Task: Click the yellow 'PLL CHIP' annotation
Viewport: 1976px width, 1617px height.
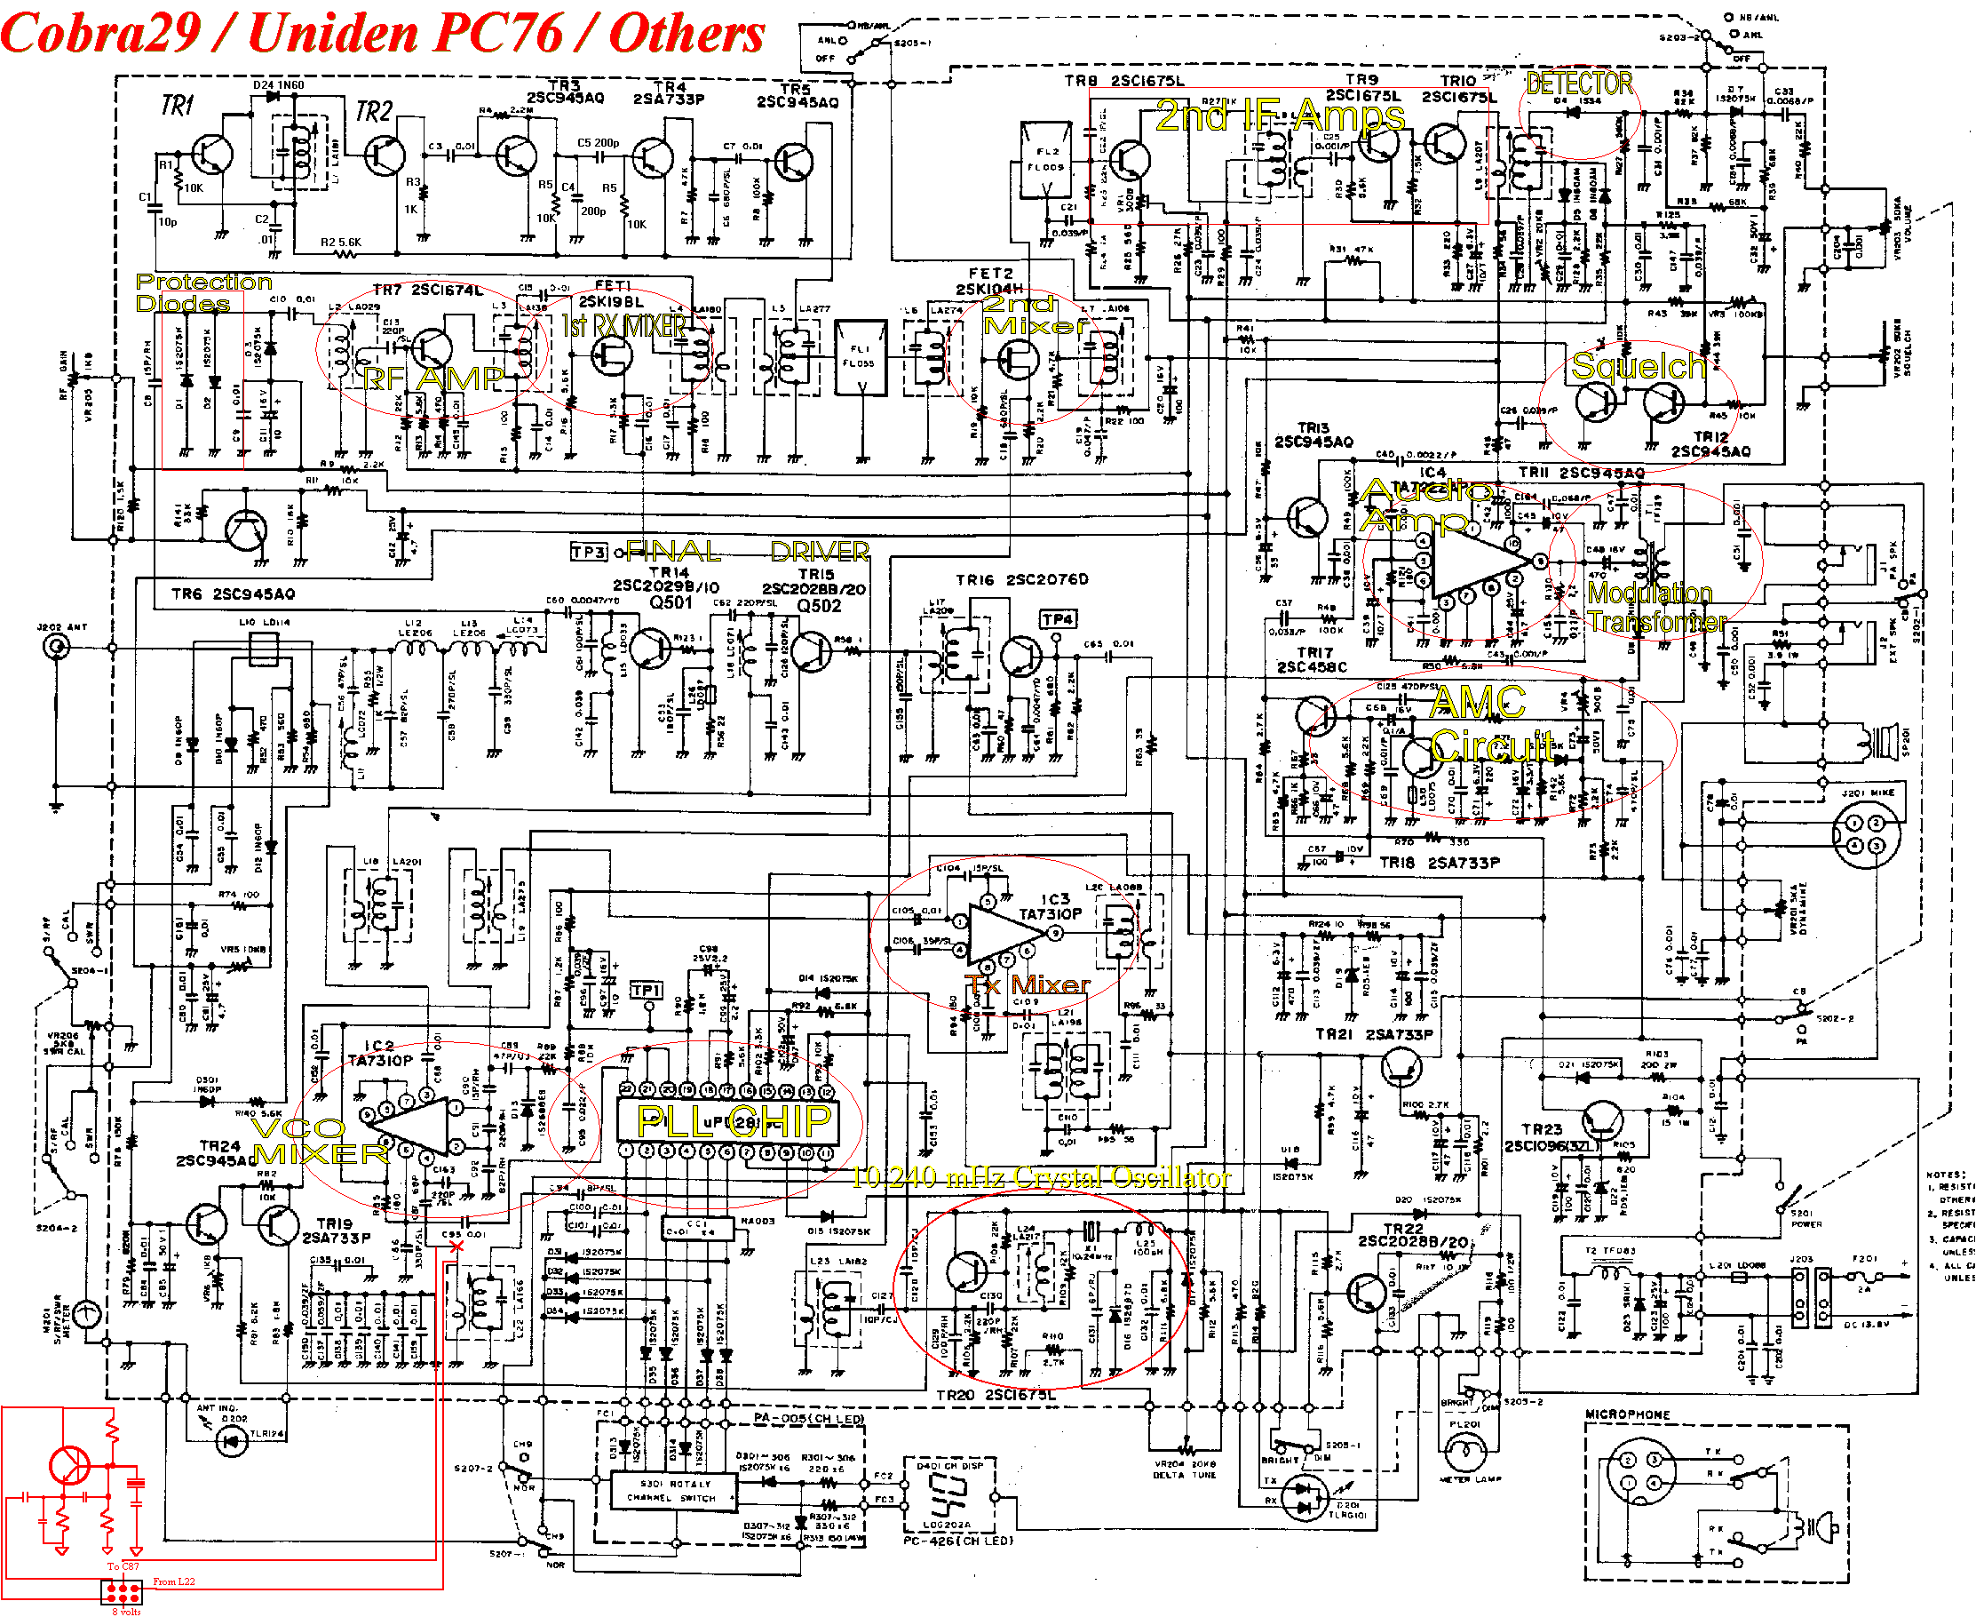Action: coord(733,1121)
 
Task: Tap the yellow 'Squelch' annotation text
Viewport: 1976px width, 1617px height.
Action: coord(1638,366)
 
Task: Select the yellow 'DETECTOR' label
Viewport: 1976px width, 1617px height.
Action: coord(1579,84)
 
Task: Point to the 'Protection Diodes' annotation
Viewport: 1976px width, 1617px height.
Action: coord(203,292)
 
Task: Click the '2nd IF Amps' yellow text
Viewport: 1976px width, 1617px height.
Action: coord(1280,116)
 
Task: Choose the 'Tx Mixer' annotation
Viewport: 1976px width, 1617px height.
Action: coord(1028,984)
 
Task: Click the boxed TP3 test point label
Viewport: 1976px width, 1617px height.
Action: coord(589,553)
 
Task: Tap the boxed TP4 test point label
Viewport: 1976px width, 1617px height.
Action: coord(1058,619)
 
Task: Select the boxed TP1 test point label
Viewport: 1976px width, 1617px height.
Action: coord(647,990)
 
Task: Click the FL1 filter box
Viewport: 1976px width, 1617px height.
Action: coord(860,358)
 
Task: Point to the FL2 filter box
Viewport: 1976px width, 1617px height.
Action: coord(1046,159)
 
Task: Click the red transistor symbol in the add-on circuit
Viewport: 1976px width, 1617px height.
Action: coord(70,1465)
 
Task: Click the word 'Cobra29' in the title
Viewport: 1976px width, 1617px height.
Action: coord(100,34)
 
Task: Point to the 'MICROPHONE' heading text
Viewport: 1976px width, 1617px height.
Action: coord(1627,1414)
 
